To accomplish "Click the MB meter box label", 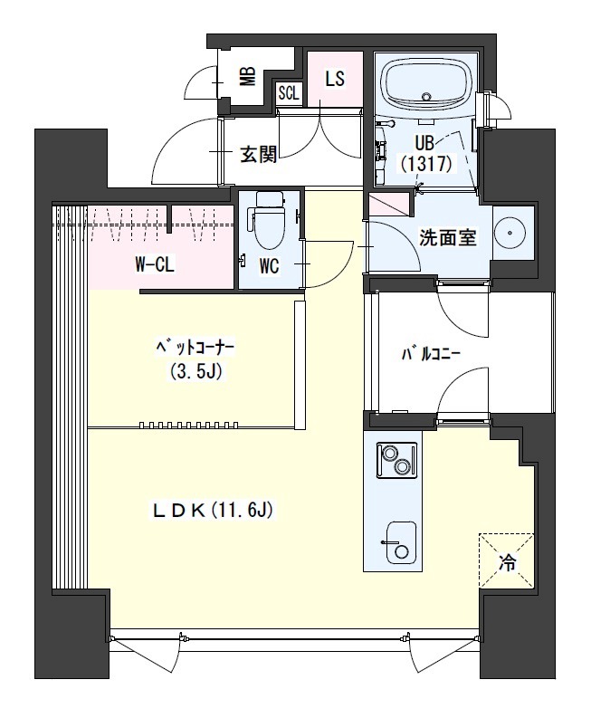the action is pyautogui.click(x=248, y=77).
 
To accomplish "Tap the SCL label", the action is pyautogui.click(x=289, y=94).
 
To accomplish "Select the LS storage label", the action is pyautogui.click(x=335, y=79).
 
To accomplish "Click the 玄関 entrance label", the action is pyautogui.click(x=259, y=156).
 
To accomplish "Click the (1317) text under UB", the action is pyautogui.click(x=426, y=164).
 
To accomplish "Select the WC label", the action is pyautogui.click(x=269, y=266).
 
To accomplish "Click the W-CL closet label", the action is pyautogui.click(x=155, y=264).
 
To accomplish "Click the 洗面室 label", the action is pyautogui.click(x=448, y=238).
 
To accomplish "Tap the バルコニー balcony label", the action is pyautogui.click(x=430, y=355).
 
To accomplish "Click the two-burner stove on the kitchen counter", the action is pyautogui.click(x=396, y=460).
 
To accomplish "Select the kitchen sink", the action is pyautogui.click(x=401, y=543).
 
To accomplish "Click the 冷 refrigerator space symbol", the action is pyautogui.click(x=506, y=560).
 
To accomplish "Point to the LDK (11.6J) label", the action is pyautogui.click(x=213, y=510).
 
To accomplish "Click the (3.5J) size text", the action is pyautogui.click(x=195, y=372).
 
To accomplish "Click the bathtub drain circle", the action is pyautogui.click(x=426, y=97).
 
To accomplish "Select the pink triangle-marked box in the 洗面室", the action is pyautogui.click(x=388, y=205).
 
